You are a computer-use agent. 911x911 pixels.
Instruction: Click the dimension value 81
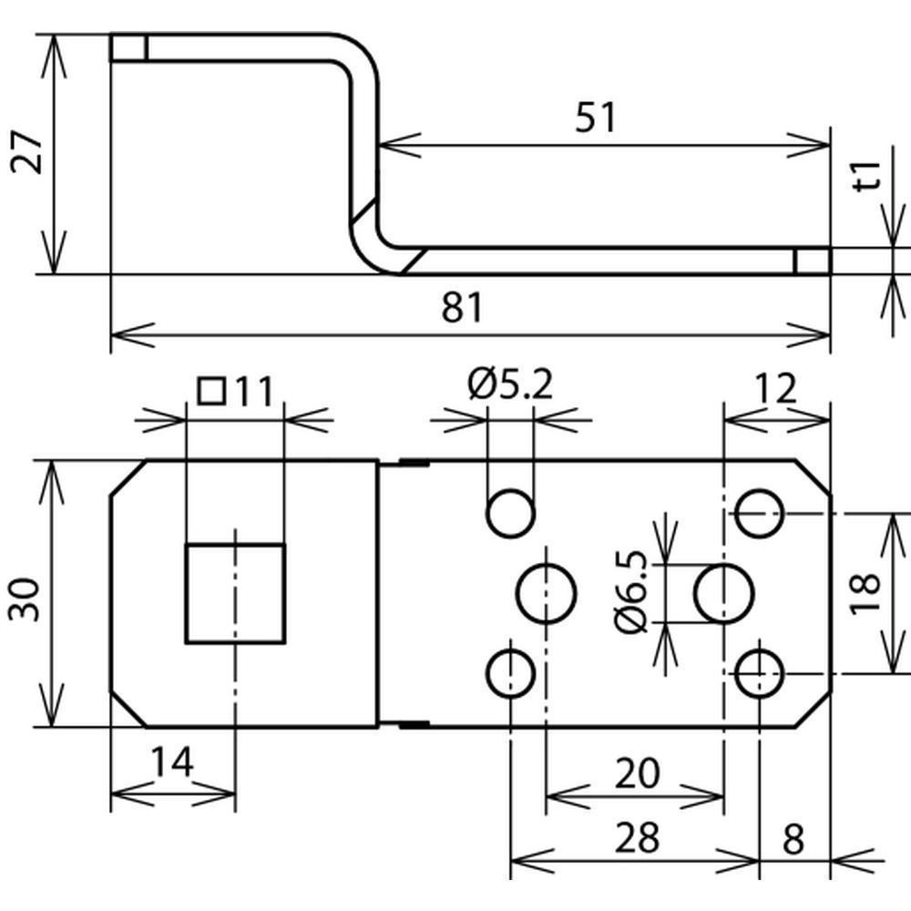coord(463,308)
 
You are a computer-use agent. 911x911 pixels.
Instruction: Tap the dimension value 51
coord(596,118)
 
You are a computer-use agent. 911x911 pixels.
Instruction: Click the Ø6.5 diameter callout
coord(631,593)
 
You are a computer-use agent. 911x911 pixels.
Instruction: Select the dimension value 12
coord(775,389)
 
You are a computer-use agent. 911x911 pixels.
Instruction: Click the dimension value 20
coord(635,774)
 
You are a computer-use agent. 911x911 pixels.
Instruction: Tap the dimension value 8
coord(793,838)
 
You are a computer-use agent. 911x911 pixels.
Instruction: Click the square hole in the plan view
coord(235,593)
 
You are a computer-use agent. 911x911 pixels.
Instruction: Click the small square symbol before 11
coord(211,391)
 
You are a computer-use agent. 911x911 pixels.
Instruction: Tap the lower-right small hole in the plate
coord(760,674)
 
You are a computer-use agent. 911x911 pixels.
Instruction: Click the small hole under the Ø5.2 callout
coord(510,514)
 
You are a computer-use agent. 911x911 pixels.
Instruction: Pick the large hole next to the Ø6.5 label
coord(723,593)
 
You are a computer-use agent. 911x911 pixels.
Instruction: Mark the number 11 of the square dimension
coord(252,392)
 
